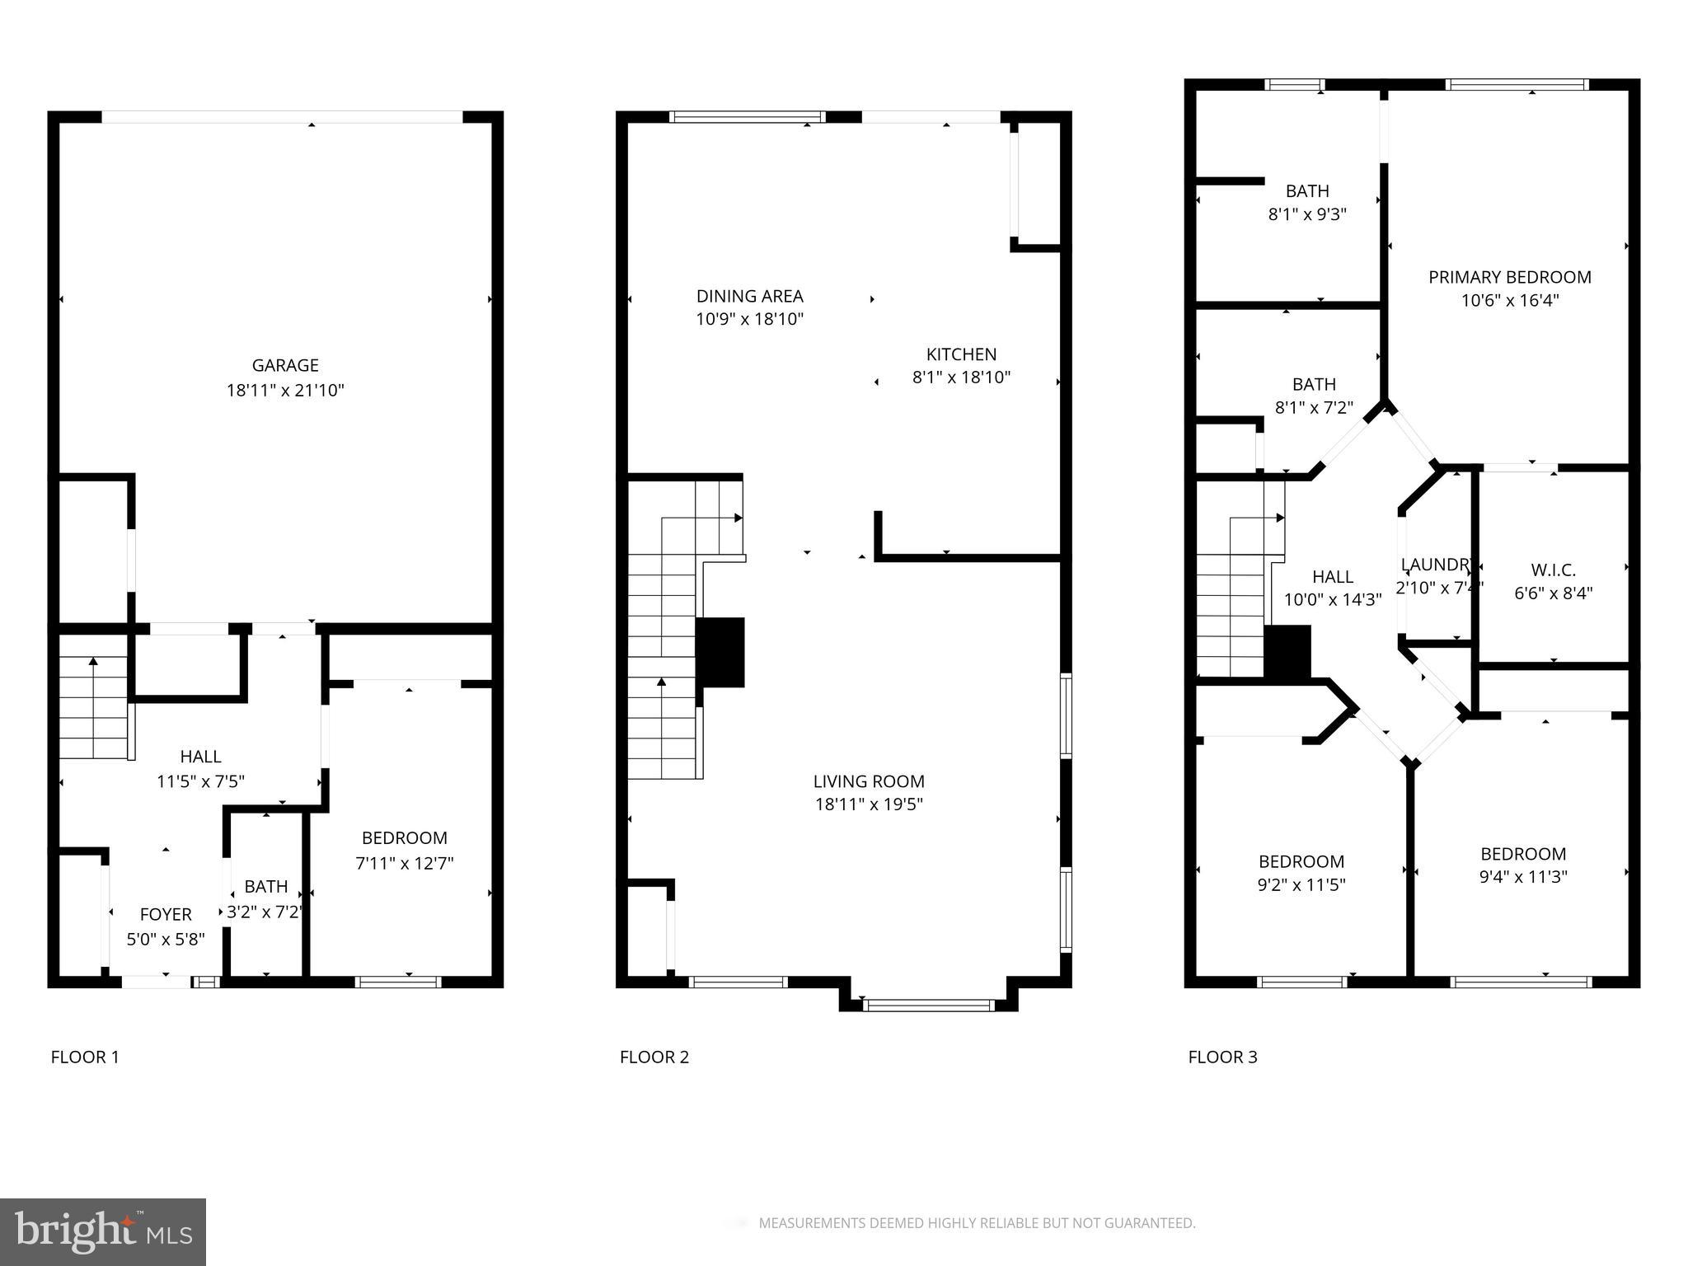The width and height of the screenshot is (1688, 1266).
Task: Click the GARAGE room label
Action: coord(285,365)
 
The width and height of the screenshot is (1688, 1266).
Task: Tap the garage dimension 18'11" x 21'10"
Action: coord(285,390)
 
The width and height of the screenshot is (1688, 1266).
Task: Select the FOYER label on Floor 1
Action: coord(166,914)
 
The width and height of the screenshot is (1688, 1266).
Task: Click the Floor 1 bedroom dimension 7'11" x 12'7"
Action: coord(405,863)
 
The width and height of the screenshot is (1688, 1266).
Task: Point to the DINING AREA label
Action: coord(749,296)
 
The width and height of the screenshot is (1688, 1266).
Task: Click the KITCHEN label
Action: coord(961,354)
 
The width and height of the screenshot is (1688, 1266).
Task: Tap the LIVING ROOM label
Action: coord(869,781)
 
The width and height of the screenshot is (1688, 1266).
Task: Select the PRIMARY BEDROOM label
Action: coord(1509,277)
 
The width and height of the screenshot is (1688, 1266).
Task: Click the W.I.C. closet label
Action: coord(1553,570)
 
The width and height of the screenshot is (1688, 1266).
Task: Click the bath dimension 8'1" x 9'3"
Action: coord(1307,214)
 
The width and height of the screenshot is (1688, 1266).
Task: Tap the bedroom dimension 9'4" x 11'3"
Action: coord(1523,877)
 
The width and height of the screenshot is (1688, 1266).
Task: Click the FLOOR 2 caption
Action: coord(654,1057)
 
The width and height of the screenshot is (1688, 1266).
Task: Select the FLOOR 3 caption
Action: coord(1222,1057)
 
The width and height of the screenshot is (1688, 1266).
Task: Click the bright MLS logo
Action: coord(103,1232)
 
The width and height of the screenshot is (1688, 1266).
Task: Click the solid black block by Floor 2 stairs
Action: coord(721,652)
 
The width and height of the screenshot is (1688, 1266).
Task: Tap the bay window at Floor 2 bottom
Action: coord(929,1005)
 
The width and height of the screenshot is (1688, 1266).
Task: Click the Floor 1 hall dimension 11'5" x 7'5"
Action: coord(200,781)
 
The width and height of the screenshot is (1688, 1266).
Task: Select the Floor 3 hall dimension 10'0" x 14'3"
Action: coord(1332,600)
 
